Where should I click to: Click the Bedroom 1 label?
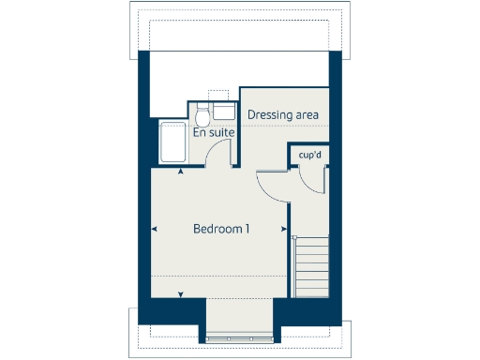point(221,229)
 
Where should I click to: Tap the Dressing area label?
point(283,115)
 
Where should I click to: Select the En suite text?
point(213,133)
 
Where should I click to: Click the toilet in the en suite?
point(202,115)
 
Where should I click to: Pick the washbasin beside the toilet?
point(223,112)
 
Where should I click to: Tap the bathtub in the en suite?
point(172,142)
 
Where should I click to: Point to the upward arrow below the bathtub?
point(181,170)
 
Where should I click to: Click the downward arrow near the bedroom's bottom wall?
point(181,294)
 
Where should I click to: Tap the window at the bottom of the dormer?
point(240,337)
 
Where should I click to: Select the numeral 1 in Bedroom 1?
point(247,229)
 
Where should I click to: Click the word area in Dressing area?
point(307,115)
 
